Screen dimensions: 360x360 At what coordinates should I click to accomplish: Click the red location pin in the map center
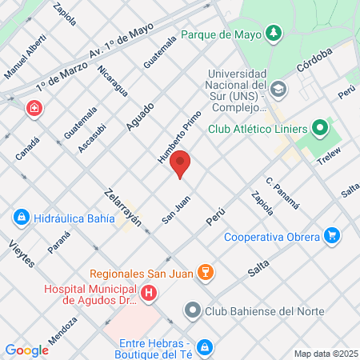pos(181,162)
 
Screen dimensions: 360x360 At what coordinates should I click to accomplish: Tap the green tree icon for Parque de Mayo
pos(274,34)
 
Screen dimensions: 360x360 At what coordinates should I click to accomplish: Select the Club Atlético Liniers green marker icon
pos(320,128)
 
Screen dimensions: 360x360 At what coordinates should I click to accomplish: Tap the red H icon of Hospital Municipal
pos(147,294)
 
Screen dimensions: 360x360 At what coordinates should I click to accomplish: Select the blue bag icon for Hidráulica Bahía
pos(21,217)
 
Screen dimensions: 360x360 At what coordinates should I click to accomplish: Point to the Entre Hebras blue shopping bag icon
pos(205,346)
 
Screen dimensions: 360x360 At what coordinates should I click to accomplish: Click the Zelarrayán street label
pos(123,207)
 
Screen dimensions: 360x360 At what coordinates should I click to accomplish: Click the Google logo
pos(26,350)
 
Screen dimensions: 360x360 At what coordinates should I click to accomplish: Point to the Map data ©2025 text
pos(324,354)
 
